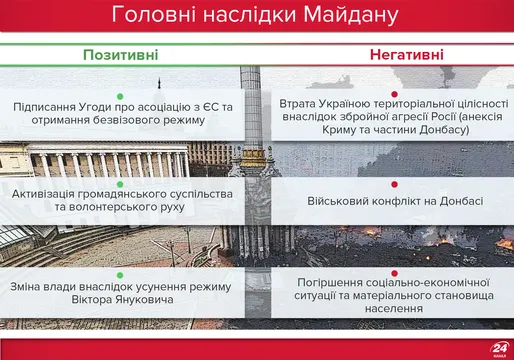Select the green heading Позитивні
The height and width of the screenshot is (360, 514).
coord(119,54)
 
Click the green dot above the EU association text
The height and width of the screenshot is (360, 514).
coord(120,90)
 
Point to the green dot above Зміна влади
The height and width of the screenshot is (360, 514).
coord(120,273)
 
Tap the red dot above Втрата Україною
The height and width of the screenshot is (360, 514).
coord(394,89)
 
